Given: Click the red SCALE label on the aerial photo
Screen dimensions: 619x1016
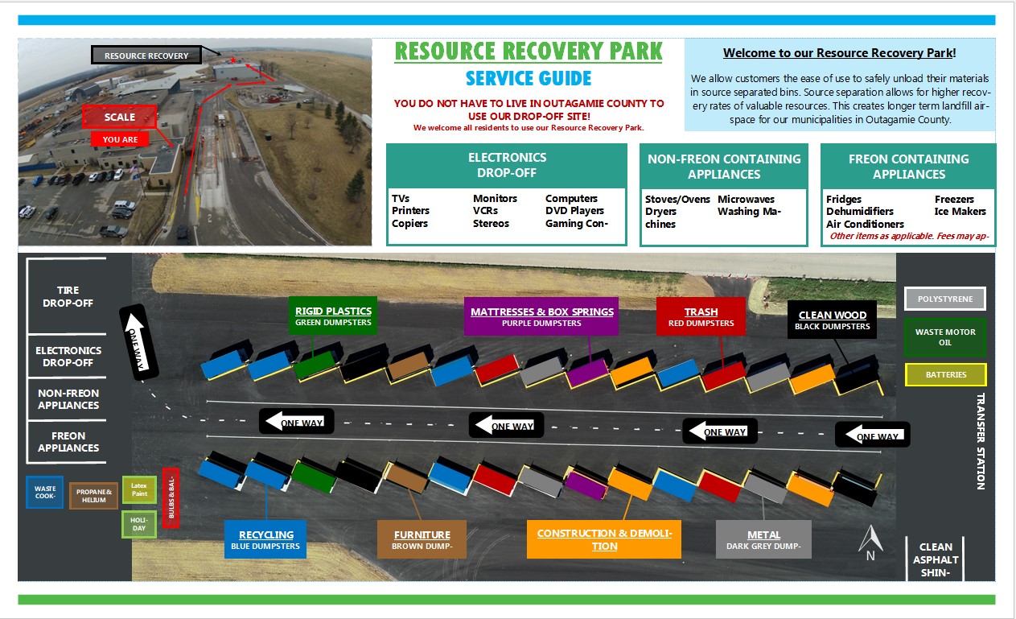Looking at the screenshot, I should pos(119,117).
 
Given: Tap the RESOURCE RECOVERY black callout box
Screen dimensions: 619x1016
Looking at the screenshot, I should pos(146,56).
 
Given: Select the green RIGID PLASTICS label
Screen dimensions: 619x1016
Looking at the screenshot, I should pos(333,316).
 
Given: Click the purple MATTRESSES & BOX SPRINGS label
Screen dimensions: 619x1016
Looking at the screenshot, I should pos(541,316).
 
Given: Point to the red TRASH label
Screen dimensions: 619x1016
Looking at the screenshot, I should pos(701,316).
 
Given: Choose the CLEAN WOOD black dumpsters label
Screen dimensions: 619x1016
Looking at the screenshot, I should pos(832,320).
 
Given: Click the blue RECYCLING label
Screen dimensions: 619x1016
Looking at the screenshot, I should pos(266,539).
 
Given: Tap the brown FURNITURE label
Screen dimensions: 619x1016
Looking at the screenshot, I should pos(422,539).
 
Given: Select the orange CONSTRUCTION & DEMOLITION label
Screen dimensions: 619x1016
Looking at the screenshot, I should pos(604,539).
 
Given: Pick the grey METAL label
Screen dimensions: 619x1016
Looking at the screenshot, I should pos(763,539).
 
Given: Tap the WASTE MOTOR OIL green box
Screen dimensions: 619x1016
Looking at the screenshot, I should pos(945,337).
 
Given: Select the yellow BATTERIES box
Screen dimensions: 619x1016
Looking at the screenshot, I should pos(945,375).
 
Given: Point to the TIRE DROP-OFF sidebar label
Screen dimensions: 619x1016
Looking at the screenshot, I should pos(68,296).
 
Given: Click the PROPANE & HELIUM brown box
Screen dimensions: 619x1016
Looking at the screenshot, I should pos(93,495).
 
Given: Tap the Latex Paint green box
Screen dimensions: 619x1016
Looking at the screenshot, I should pos(139,489).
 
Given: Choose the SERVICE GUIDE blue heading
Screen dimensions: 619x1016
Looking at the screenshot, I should pos(529,78).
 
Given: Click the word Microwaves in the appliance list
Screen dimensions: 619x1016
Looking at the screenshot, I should pos(746,199).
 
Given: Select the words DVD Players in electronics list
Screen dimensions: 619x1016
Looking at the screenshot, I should pos(574,211).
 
